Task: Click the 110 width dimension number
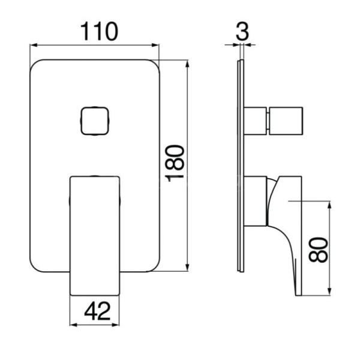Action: tap(99, 31)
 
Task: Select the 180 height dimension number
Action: tap(175, 163)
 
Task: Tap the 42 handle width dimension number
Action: tap(97, 311)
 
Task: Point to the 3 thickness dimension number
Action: tap(242, 31)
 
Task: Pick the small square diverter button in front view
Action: tap(94, 121)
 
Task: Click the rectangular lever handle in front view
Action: tap(95, 236)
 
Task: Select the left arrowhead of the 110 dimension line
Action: tap(34, 45)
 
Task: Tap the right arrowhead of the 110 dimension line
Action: tap(155, 45)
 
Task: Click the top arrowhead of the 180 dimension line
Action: tap(187, 64)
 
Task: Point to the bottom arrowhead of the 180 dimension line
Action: tap(187, 268)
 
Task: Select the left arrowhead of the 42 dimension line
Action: tap(73, 325)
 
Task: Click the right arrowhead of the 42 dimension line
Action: tap(115, 325)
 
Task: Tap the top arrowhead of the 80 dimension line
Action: tap(329, 205)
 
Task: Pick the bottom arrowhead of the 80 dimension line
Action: tap(329, 292)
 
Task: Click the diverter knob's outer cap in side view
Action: tap(286, 121)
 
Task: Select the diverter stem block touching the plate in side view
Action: tap(256, 121)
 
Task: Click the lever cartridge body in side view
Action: tap(256, 201)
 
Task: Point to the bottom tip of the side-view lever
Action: tap(298, 295)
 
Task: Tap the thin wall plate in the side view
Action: tap(241, 166)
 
